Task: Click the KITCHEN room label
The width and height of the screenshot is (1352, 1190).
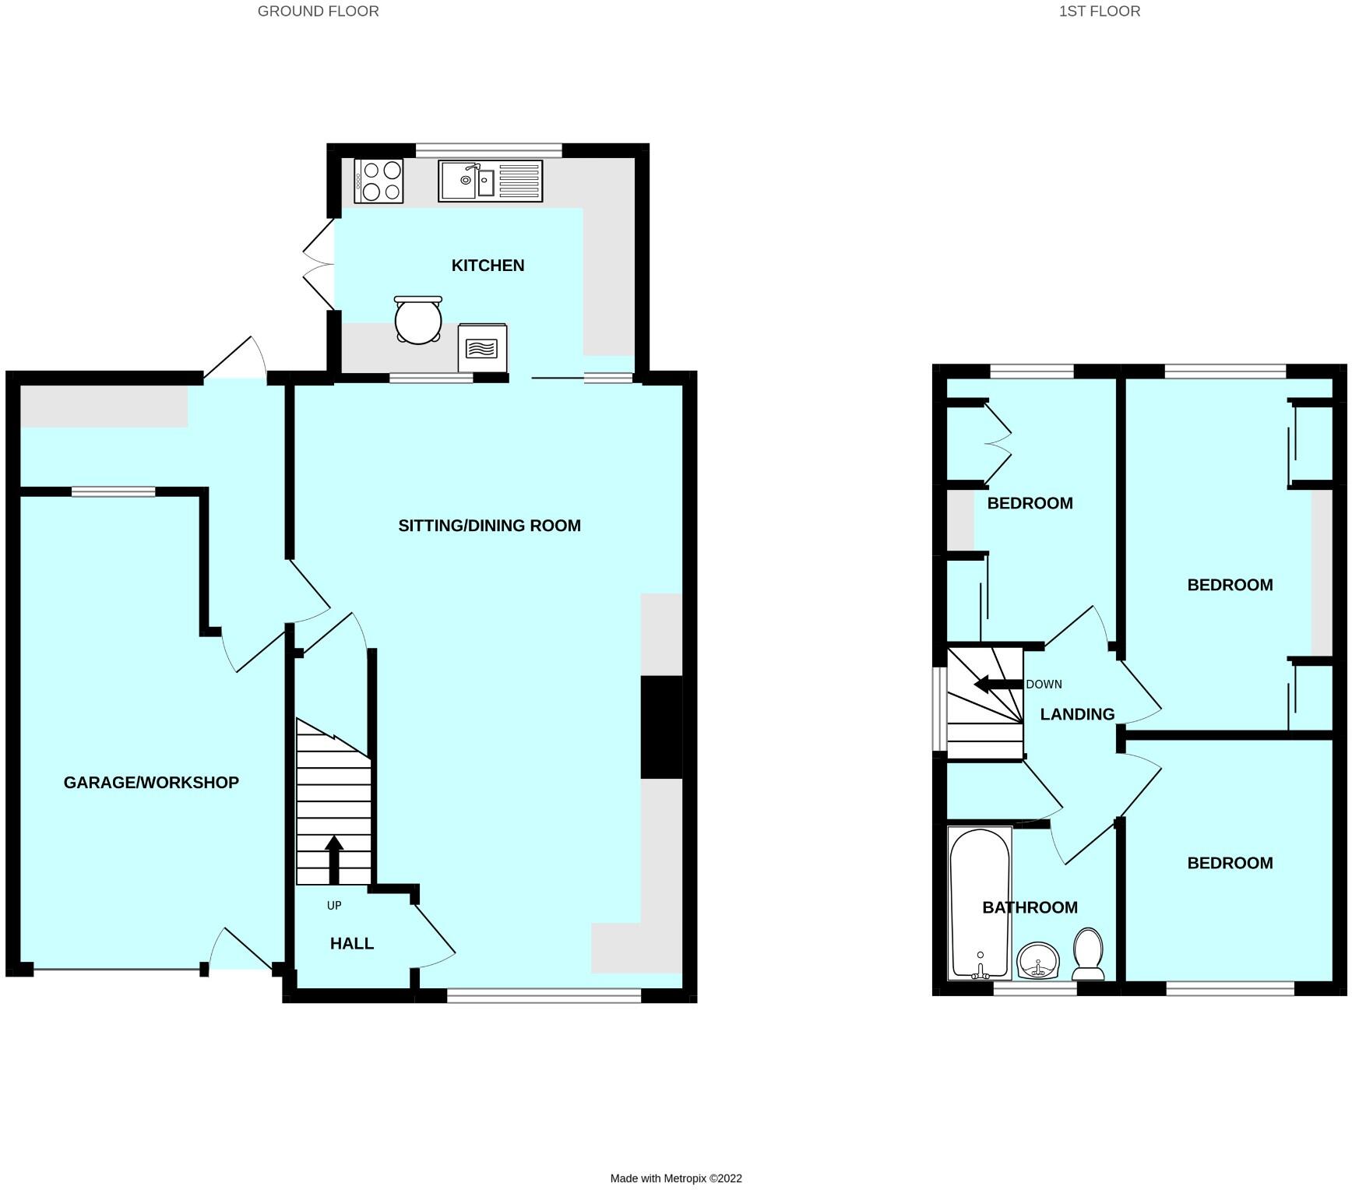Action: click(x=488, y=266)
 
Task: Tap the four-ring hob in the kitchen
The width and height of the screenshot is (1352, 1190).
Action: click(x=379, y=181)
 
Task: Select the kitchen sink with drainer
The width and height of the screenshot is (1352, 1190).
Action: click(x=490, y=181)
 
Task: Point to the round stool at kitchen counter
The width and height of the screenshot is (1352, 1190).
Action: click(x=418, y=320)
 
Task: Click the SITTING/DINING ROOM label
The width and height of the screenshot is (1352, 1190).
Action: click(x=489, y=526)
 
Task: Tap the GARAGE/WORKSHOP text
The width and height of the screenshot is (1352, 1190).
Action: click(x=151, y=783)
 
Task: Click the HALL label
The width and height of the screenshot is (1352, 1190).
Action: click(x=352, y=944)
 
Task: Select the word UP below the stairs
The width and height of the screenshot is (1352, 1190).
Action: click(x=334, y=906)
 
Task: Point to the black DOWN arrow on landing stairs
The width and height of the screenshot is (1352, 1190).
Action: click(x=998, y=685)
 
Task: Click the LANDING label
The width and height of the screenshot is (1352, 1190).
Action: click(x=1077, y=714)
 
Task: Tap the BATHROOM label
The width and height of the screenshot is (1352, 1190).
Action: click(x=1030, y=907)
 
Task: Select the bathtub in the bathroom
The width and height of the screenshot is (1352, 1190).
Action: click(x=980, y=903)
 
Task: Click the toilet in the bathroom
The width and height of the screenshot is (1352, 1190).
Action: click(x=1088, y=954)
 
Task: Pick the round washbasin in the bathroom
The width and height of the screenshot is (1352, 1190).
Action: click(x=1038, y=959)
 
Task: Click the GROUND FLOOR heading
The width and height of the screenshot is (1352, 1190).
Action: click(x=318, y=11)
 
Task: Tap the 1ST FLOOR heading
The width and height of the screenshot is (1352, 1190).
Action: click(x=1099, y=11)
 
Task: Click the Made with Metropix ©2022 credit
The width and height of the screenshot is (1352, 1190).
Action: click(x=675, y=1178)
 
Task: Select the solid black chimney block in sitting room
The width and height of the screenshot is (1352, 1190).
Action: click(x=661, y=727)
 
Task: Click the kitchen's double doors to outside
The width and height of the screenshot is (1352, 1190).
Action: click(x=318, y=265)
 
